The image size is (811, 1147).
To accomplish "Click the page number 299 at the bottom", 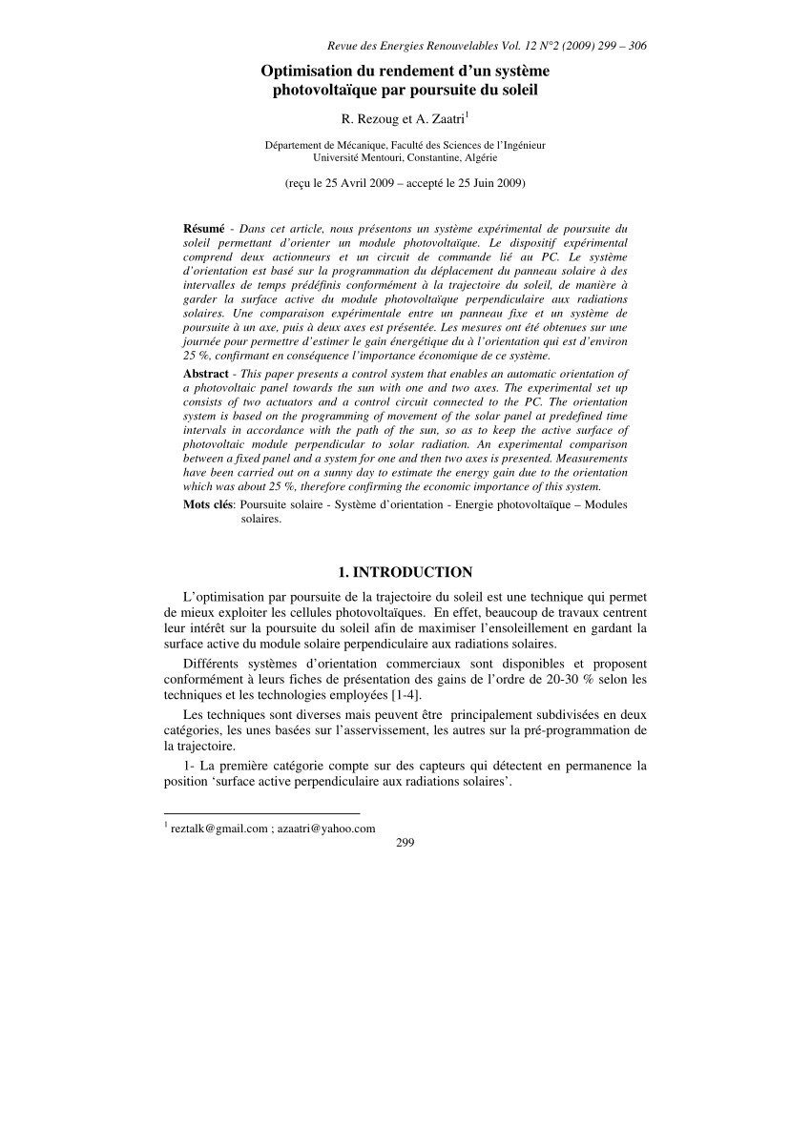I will click(405, 842).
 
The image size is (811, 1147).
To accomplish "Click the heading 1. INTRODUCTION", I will click(405, 572).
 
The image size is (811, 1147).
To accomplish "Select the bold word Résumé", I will click(203, 230).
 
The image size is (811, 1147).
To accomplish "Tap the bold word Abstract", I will click(205, 374).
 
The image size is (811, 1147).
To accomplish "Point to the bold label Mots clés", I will click(209, 504).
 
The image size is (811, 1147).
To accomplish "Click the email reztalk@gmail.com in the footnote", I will click(218, 829).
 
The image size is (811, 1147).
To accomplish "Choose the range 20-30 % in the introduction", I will click(559, 679).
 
